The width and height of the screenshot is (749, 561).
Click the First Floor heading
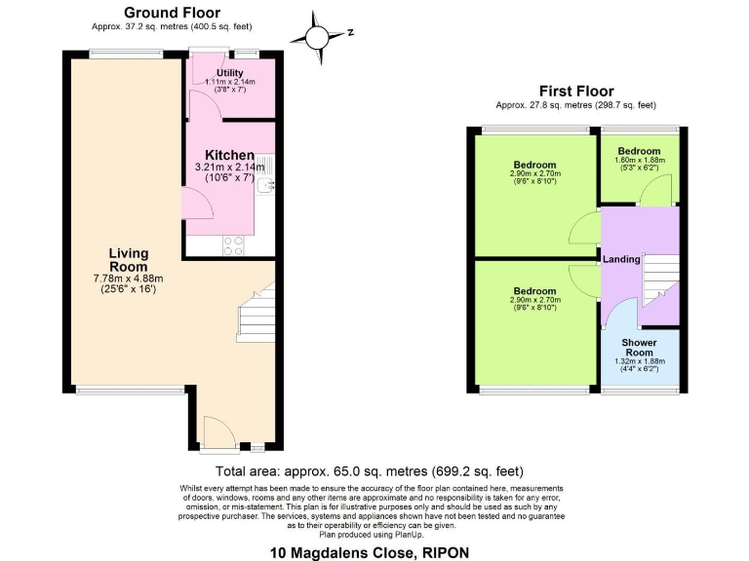point(575,92)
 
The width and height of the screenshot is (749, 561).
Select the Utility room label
point(230,73)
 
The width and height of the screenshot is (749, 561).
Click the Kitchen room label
point(230,155)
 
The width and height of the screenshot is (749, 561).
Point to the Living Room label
point(129,260)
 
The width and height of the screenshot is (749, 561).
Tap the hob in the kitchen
point(234,245)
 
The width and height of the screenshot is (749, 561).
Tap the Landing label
point(621,259)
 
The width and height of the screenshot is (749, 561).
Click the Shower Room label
point(640,348)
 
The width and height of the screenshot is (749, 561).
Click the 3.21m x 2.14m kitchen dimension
point(230,168)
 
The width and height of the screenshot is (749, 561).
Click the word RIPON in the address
point(444,552)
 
